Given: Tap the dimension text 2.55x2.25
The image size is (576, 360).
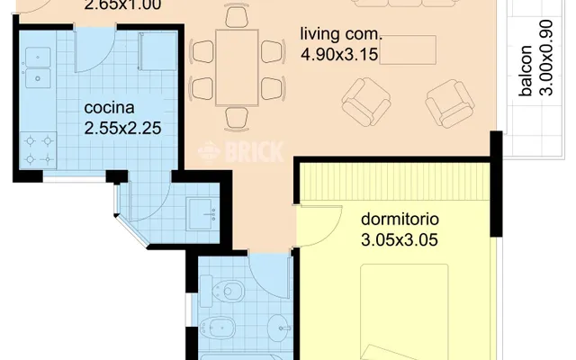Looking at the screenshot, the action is click(122, 128).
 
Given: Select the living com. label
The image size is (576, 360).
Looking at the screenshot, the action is click(341, 34).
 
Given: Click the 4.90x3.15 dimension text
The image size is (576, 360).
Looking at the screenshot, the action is click(339, 54).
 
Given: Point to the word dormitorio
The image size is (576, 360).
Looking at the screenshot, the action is click(400, 220).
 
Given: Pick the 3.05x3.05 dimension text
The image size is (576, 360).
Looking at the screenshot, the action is click(400, 240).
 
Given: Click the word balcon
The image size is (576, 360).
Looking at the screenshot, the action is click(526, 70).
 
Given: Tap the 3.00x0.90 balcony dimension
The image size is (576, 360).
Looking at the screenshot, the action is click(547, 58).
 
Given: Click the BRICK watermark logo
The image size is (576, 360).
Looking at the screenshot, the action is click(240, 151).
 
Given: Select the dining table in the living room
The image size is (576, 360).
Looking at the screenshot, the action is click(237, 67).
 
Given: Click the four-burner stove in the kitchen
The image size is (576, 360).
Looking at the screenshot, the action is click(38, 150).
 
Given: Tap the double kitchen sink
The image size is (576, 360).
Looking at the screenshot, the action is click(38, 67).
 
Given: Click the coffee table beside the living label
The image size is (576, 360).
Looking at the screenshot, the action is click(408, 50).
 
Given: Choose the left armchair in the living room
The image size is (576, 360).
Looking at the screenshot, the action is click(366, 102).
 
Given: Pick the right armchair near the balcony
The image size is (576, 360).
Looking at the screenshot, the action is click(450, 103).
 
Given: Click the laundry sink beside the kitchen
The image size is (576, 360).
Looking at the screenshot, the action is click(201, 214).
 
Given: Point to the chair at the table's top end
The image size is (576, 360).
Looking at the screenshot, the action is click(237, 16).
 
